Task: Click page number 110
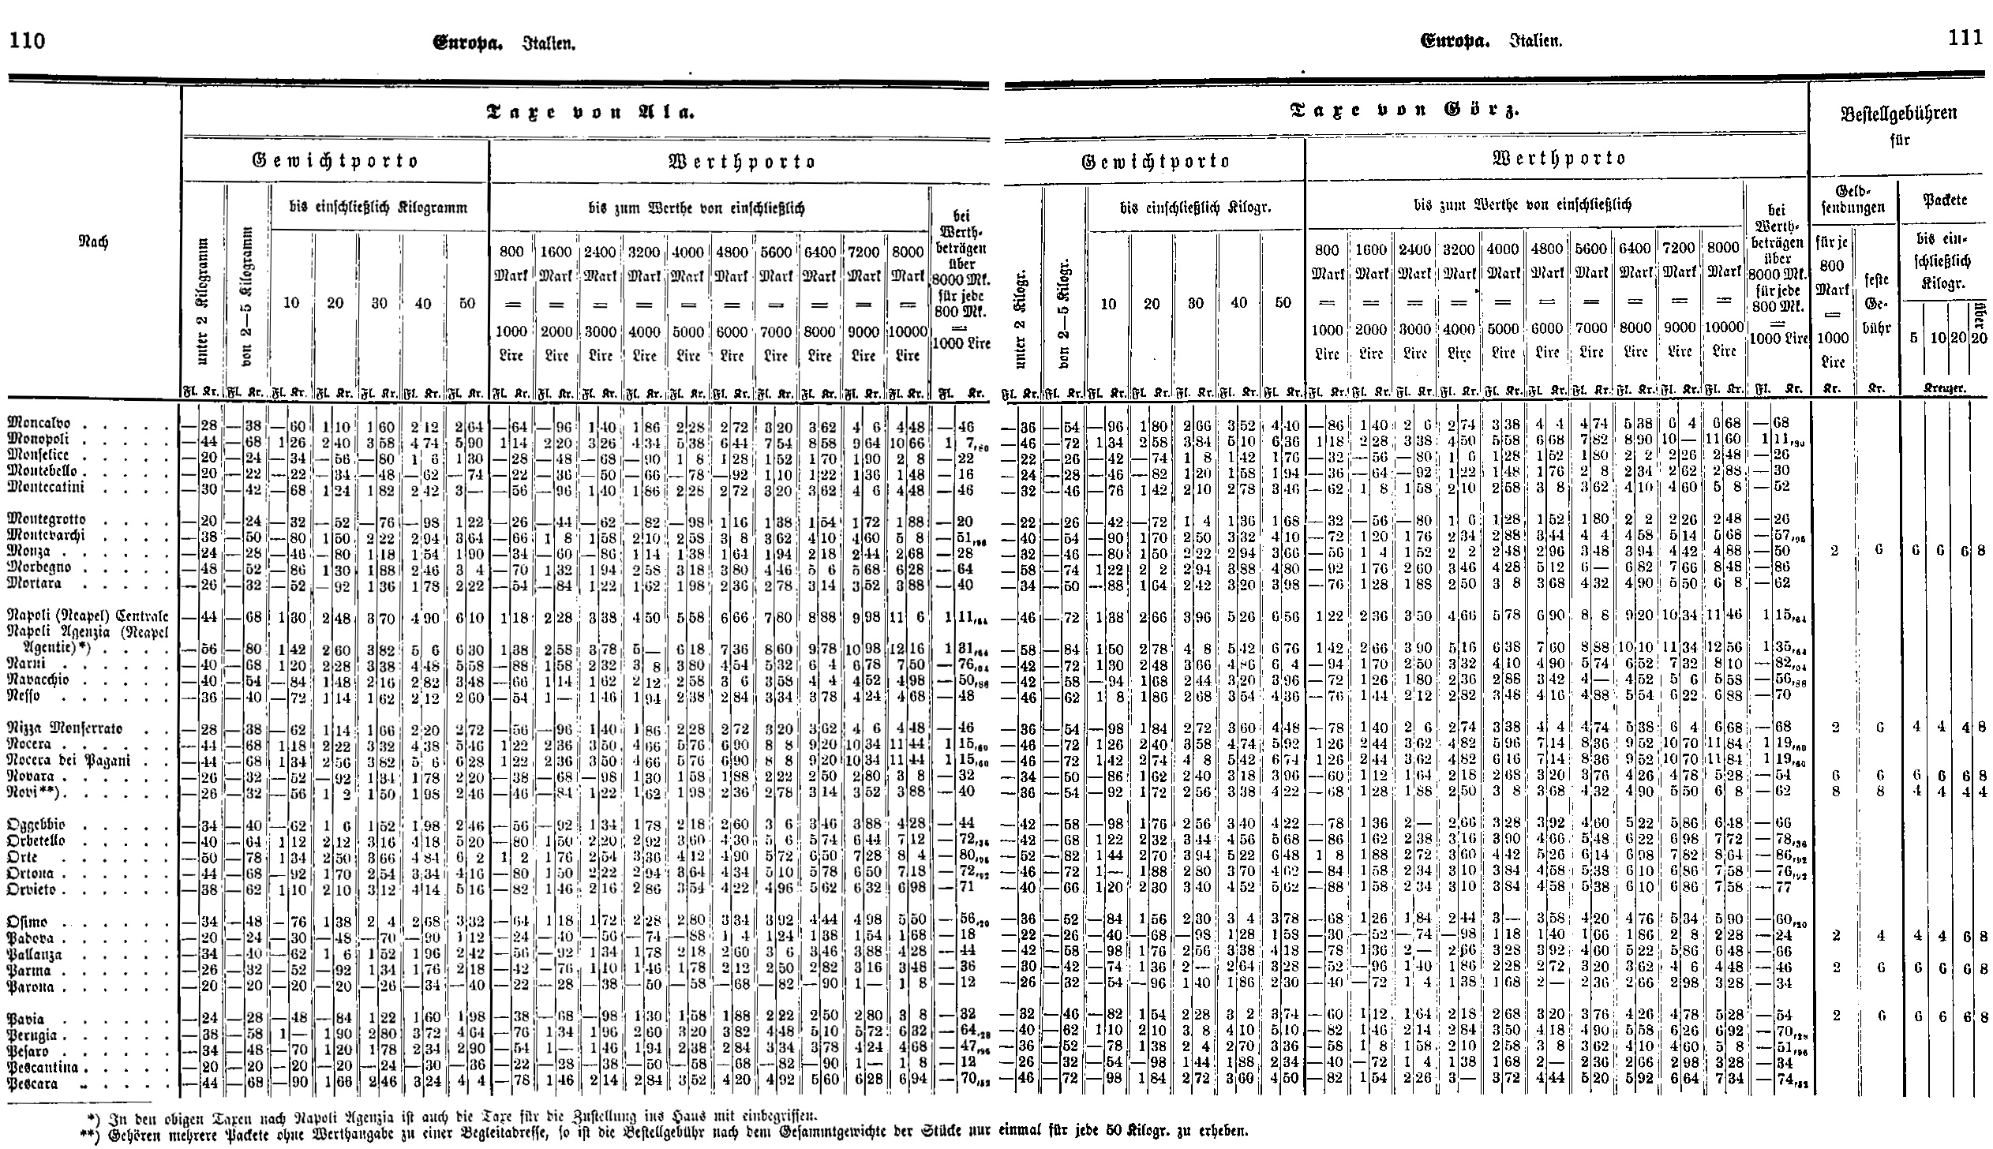[27, 40]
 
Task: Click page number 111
[1965, 38]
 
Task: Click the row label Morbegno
[39, 567]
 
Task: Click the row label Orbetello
[39, 840]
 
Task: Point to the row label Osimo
[27, 922]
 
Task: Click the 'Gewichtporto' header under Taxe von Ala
[334, 161]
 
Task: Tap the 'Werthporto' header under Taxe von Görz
[1558, 158]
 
